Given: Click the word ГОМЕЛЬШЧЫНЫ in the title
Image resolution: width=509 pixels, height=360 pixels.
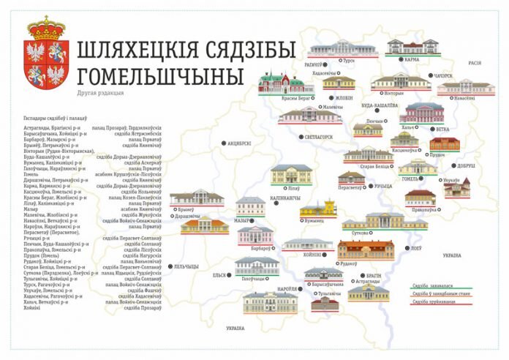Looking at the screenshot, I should click(160, 75).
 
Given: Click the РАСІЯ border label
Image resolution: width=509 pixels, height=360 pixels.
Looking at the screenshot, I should click(475, 63).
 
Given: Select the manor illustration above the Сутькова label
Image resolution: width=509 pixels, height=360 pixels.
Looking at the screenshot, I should click(384, 220).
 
